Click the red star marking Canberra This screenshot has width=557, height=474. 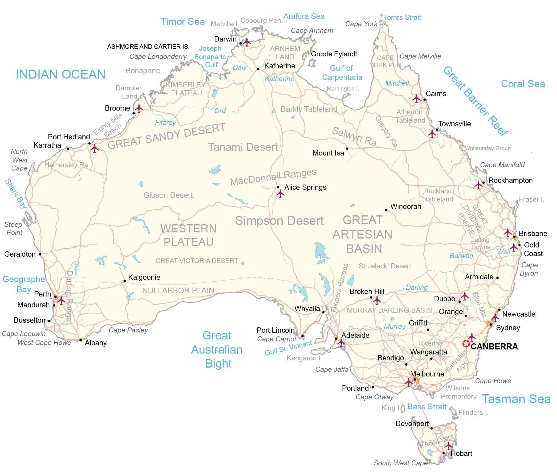[466, 344]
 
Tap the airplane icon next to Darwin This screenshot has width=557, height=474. [247, 42]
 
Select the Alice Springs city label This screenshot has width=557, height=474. [305, 187]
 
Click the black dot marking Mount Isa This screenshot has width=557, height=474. [347, 149]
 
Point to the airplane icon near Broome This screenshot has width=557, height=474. [138, 108]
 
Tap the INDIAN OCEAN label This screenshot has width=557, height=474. [61, 74]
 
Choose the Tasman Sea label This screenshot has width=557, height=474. [516, 399]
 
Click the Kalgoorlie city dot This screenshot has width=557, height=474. [124, 281]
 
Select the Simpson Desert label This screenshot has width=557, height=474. [279, 221]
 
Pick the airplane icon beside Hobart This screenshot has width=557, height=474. [448, 446]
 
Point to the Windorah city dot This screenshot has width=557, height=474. [386, 210]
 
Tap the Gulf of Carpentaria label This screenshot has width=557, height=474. [342, 73]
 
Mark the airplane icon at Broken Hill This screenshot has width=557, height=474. [377, 300]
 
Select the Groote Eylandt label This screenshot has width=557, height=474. [334, 54]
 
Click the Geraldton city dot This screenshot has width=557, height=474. [40, 254]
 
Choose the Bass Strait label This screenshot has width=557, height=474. [427, 407]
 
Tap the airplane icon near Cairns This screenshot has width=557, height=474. [416, 99]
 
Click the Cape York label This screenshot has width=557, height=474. [361, 24]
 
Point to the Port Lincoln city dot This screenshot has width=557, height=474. [302, 336]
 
